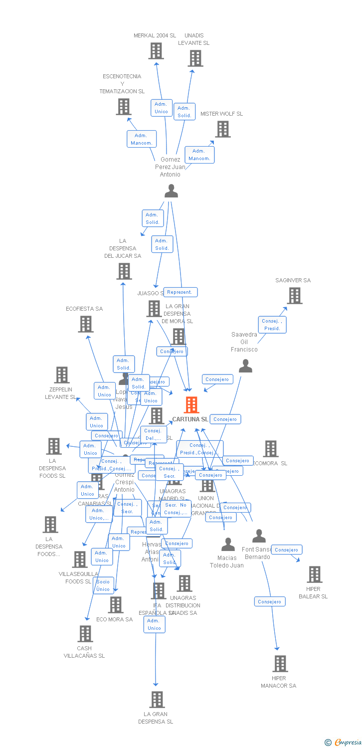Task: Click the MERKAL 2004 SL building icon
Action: click(x=156, y=51)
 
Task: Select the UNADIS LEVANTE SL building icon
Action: click(x=195, y=58)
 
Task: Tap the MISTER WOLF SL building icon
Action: click(x=222, y=129)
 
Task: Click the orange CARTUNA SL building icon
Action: click(x=191, y=405)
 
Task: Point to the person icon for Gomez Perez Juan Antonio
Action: click(x=171, y=191)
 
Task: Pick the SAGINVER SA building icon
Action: click(x=294, y=296)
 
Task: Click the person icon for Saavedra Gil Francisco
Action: click(x=245, y=366)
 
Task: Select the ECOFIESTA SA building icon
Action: click(x=86, y=324)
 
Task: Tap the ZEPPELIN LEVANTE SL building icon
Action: click(x=61, y=375)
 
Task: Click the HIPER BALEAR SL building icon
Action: click(x=314, y=574)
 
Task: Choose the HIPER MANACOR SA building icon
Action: click(x=280, y=664)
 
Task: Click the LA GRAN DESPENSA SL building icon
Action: click(x=157, y=700)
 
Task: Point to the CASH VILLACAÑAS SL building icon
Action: click(x=85, y=634)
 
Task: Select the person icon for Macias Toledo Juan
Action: click(x=228, y=544)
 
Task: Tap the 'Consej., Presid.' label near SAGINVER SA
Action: click(x=272, y=325)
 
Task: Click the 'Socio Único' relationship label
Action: click(x=103, y=585)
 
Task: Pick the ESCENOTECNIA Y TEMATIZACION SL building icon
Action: click(x=124, y=107)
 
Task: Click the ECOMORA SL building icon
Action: click(x=270, y=449)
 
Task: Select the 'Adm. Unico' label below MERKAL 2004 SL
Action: click(x=162, y=108)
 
